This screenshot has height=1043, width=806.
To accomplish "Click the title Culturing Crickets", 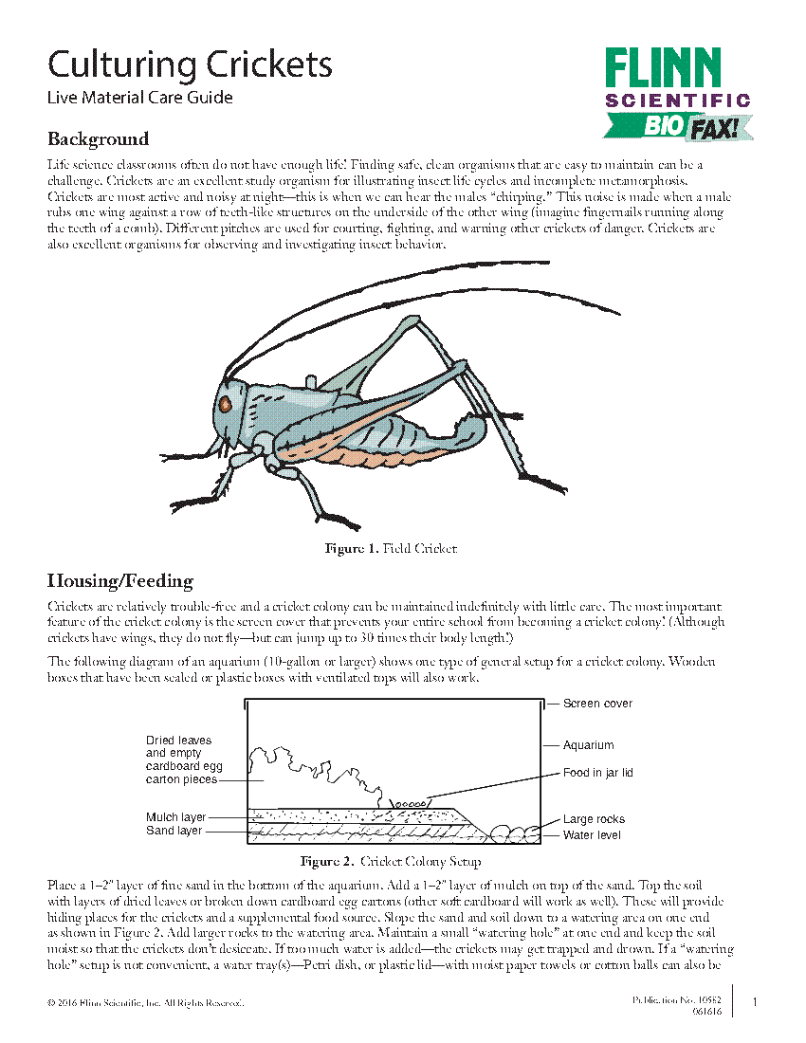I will click(190, 65).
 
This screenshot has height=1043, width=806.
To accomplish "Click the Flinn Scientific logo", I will click(678, 79).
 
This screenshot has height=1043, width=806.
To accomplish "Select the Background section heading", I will click(99, 139).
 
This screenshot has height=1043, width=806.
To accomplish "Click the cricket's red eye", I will click(226, 403).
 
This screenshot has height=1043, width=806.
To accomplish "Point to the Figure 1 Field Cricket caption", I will click(391, 548).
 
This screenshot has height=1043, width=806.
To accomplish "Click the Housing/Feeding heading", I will click(120, 580).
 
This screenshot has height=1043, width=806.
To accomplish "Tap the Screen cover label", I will click(597, 704).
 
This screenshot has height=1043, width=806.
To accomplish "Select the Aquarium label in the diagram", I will click(588, 745).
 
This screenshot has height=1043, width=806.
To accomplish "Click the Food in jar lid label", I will click(597, 773).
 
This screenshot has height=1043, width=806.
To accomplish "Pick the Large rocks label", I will click(594, 819).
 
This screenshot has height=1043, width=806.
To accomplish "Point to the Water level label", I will click(592, 835).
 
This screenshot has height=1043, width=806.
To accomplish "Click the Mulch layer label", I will click(175, 817).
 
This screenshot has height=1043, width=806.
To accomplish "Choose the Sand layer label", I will click(174, 831).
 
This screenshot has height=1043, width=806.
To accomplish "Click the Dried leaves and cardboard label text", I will click(183, 759).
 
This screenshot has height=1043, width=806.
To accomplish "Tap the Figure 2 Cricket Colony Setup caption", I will click(391, 862).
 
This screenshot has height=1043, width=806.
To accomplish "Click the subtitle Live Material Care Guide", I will click(139, 97).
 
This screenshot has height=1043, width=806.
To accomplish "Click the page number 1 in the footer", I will click(754, 1002).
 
